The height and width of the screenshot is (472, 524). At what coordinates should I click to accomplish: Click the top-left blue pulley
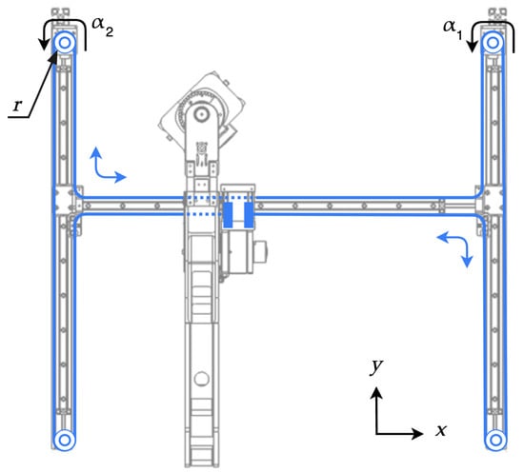65,43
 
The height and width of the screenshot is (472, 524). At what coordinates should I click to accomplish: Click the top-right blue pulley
493,43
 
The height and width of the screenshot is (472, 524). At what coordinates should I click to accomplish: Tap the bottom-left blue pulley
65,440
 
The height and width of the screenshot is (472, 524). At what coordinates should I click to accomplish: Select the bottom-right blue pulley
495,440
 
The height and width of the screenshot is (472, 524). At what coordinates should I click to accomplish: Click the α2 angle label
103,27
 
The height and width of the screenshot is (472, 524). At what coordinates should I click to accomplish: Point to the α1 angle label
453,29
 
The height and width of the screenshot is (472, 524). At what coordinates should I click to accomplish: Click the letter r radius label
17,106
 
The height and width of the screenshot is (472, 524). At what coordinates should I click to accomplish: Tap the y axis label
376,367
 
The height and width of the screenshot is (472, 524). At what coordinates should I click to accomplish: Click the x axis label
441,431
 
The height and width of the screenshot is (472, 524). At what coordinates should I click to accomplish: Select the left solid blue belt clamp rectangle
229,215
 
